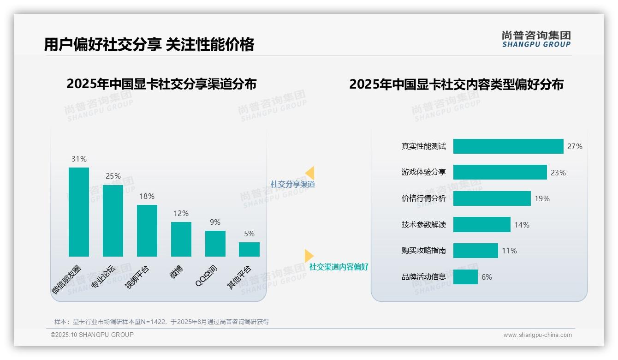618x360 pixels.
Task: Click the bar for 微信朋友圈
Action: click(79, 212)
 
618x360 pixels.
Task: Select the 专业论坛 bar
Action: click(113, 221)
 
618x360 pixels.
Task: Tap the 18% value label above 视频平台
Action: click(147, 197)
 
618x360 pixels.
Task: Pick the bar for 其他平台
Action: click(249, 249)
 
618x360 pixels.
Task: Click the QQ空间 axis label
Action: click(207, 276)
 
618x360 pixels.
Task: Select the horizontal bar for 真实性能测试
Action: click(508, 146)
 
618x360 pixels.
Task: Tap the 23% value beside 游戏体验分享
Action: click(558, 173)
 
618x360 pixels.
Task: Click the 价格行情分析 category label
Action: click(424, 198)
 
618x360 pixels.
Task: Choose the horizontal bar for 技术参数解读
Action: click(482, 225)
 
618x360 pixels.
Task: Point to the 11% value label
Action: click(510, 251)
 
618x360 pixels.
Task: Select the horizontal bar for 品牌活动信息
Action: click(465, 277)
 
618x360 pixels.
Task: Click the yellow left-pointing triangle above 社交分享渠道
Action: click(310, 173)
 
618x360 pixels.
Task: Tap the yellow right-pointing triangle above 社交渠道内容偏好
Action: click(309, 256)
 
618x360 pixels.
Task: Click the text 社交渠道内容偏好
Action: click(339, 267)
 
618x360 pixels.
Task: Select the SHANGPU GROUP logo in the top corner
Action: click(536, 39)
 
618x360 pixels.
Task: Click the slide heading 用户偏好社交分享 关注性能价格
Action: click(149, 45)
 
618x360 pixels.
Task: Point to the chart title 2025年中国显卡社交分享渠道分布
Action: click(161, 84)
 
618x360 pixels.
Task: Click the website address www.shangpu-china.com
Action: click(537, 335)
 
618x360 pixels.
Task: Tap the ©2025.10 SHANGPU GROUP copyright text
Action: click(92, 335)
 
